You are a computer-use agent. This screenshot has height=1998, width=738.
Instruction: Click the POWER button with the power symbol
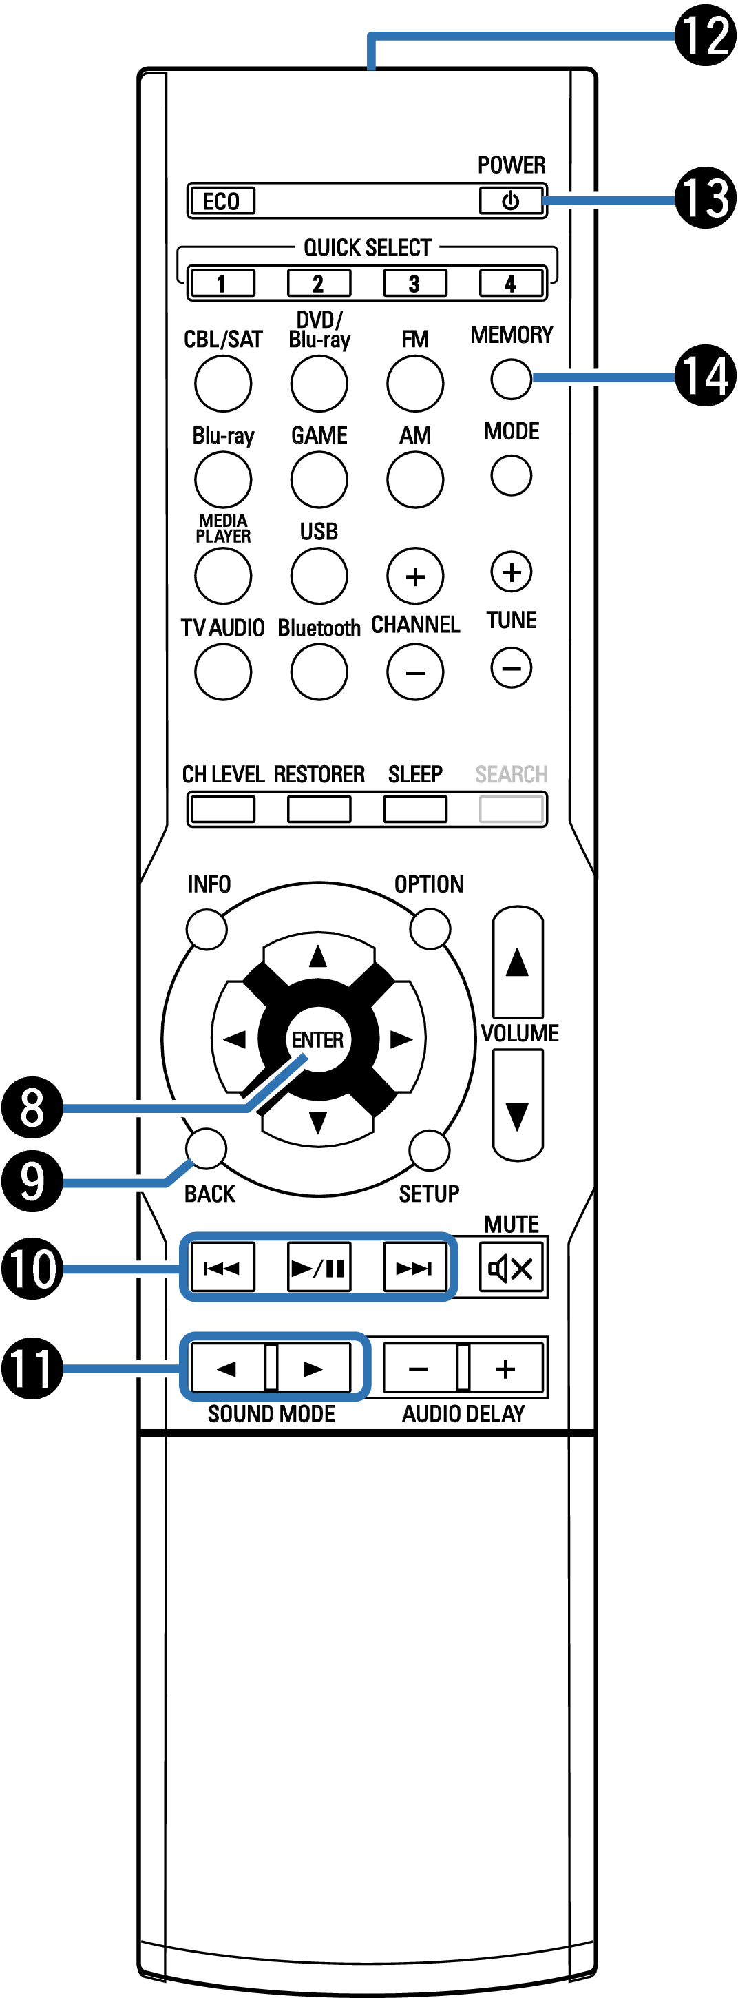coord(510,201)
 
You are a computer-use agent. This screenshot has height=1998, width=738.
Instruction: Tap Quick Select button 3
coord(414,283)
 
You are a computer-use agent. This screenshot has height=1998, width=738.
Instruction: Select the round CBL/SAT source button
coord(223,383)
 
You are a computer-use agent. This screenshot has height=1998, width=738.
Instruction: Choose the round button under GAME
coord(319,479)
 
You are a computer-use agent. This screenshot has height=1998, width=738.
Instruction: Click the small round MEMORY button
coord(511,379)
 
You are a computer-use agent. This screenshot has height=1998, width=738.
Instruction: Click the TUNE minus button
coord(512,667)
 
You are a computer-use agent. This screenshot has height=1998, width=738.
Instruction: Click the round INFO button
coord(207,928)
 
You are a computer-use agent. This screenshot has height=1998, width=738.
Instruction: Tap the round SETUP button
coord(430,1149)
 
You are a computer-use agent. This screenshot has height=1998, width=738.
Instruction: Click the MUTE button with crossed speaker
coord(510,1269)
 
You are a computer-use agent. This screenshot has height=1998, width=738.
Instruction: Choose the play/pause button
coord(319,1269)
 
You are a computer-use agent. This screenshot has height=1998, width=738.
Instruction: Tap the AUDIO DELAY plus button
coord(505,1369)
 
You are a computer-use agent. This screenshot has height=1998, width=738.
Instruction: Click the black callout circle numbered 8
coord(32,1107)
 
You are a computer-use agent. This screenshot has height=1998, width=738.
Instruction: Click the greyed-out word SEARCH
coord(511,774)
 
